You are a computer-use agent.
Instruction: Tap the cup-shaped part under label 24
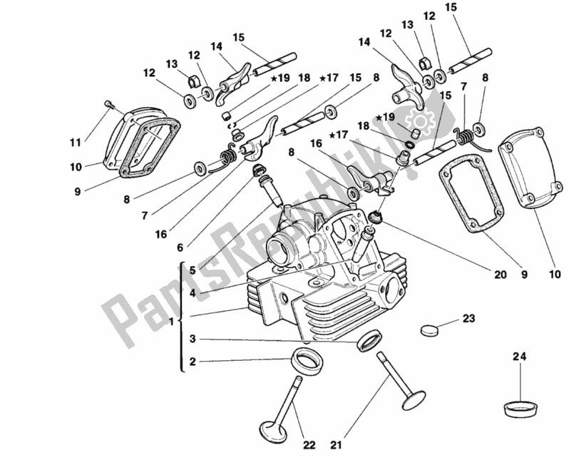521,409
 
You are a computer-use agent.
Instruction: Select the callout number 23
468,319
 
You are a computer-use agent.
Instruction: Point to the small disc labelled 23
431,329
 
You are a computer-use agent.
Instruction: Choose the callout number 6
179,247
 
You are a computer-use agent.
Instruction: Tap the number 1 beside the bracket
171,322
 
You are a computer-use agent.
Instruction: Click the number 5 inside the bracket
193,270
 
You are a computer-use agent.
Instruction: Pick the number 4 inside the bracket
193,292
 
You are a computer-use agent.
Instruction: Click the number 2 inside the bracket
193,362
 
